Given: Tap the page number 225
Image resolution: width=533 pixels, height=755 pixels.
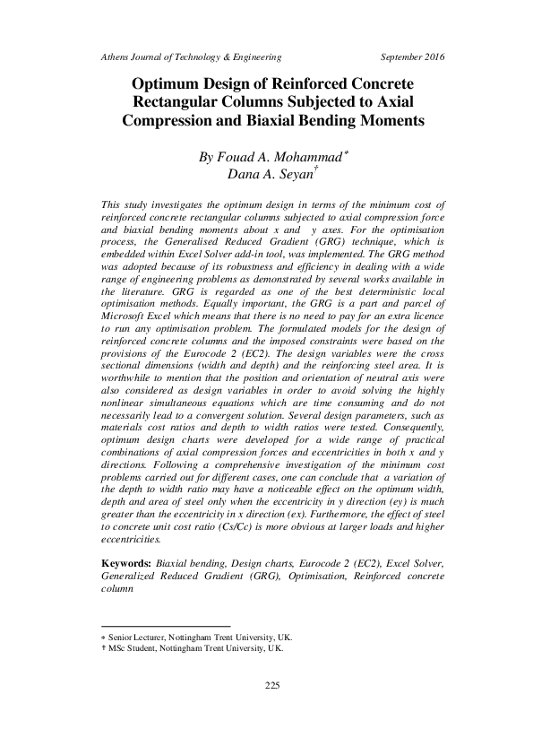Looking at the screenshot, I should click(x=274, y=686).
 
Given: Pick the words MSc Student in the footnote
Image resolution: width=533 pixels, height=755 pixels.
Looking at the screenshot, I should click(x=134, y=647).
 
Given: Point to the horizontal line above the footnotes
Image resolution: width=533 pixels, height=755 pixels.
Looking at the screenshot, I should click(x=166, y=627).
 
